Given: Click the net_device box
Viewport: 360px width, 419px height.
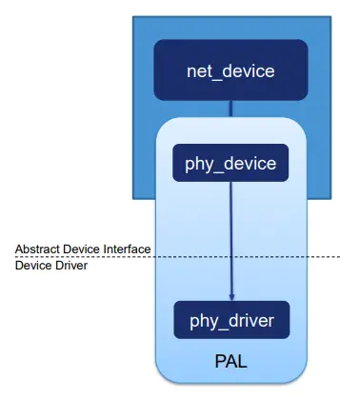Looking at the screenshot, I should [x=230, y=70].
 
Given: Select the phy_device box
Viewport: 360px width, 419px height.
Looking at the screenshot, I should [x=230, y=164].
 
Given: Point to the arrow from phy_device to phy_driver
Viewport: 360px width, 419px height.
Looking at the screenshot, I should [x=230, y=238].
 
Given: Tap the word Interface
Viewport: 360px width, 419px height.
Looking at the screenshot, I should [x=126, y=249].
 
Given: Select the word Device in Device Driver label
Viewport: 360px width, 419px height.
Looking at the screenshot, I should [x=31, y=266].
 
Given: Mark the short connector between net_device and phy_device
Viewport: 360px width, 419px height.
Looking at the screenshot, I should [x=230, y=109].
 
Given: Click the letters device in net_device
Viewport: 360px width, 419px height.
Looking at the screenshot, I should [x=246, y=70].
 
